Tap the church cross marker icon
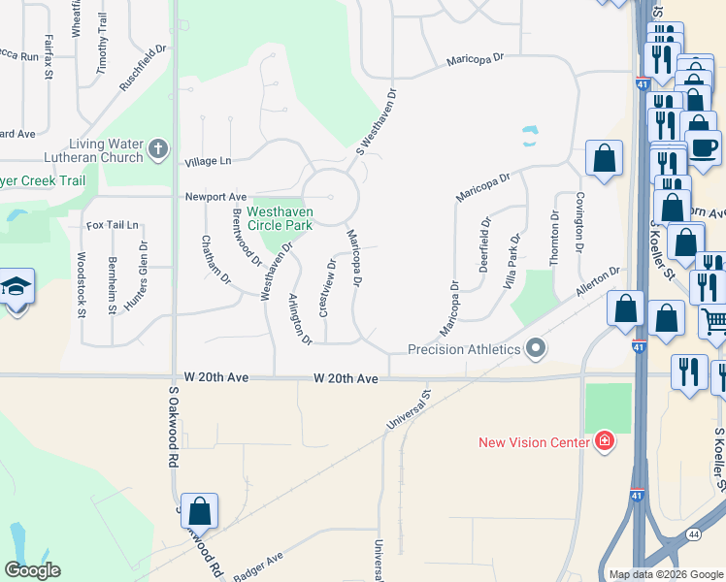click(159, 151)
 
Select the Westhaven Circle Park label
click(279, 218)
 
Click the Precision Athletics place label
click(464, 349)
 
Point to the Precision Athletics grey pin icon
click(535, 349)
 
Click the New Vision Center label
click(534, 443)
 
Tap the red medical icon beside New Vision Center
click(605, 442)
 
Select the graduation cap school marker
click(16, 287)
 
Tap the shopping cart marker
click(714, 319)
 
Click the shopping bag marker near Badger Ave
click(199, 510)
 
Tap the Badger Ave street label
click(257, 566)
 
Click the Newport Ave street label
click(216, 196)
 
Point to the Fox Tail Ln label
click(113, 225)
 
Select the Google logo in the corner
click(32, 569)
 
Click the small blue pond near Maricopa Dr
click(530, 135)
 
